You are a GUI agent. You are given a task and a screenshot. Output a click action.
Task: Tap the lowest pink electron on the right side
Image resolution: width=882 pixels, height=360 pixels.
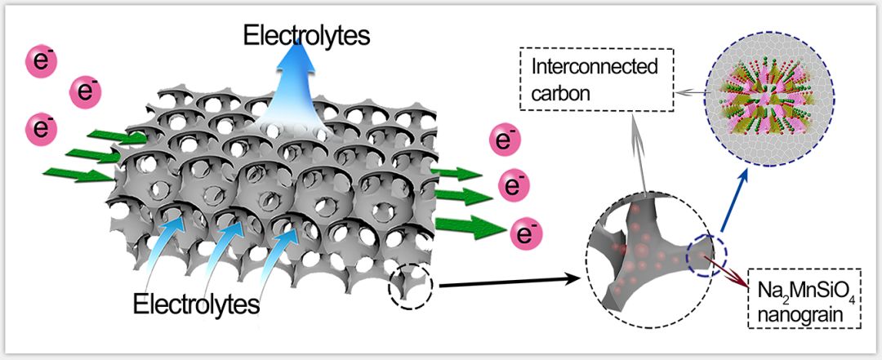coord(521,236)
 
